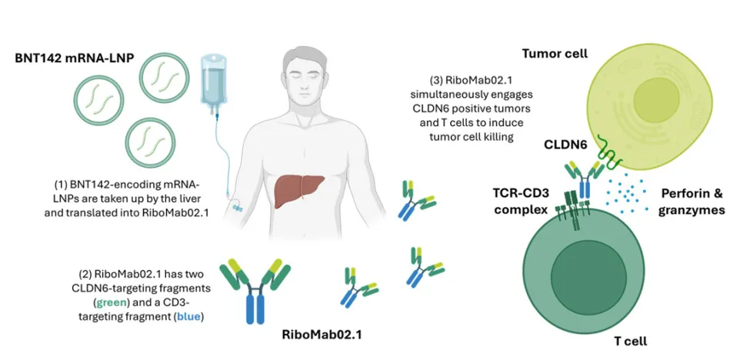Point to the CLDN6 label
[566, 145]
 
